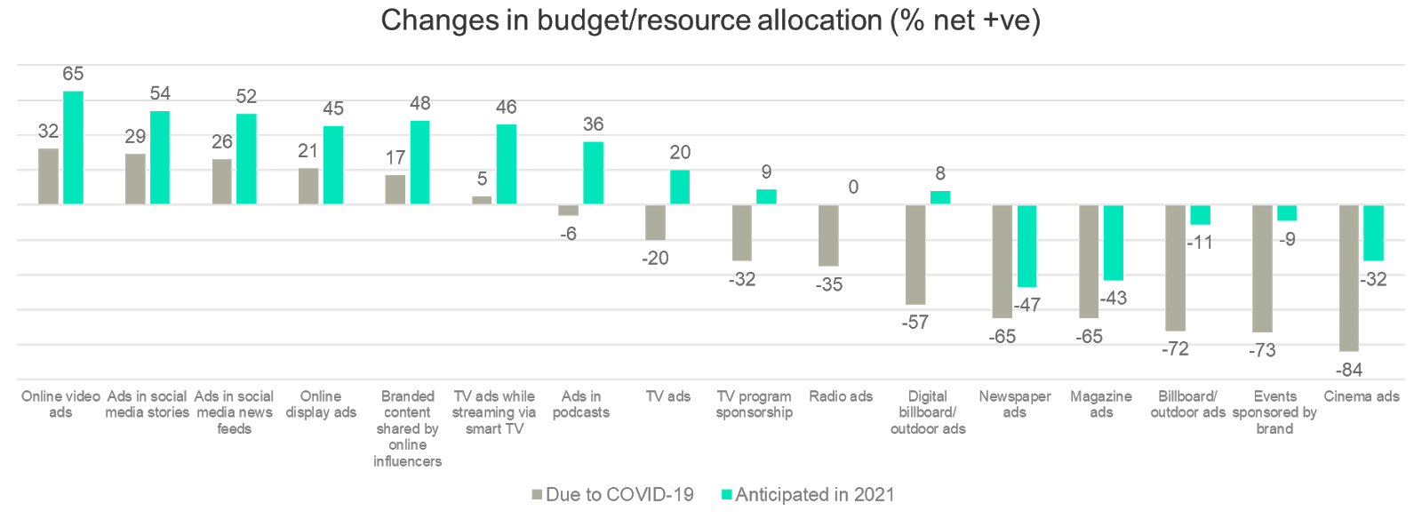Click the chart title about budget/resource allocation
[x=710, y=20]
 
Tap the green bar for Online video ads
[x=74, y=148]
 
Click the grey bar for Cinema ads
[x=1349, y=277]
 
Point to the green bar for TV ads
[x=680, y=188]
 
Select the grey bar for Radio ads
[x=828, y=236]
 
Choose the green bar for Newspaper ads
[x=1027, y=246]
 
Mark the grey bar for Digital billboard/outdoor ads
[x=915, y=254]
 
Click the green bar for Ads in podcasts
[x=593, y=172]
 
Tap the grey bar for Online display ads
[x=308, y=187]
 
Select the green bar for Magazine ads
[x=1114, y=243]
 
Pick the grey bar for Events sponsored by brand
[x=1262, y=268]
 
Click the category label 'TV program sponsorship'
[x=754, y=404]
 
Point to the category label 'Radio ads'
[x=841, y=396]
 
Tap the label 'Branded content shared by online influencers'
[x=407, y=428]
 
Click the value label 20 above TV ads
[x=680, y=154]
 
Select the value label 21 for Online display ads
[x=308, y=152]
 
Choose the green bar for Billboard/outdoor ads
[x=1200, y=215]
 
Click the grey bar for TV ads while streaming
[x=482, y=201]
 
